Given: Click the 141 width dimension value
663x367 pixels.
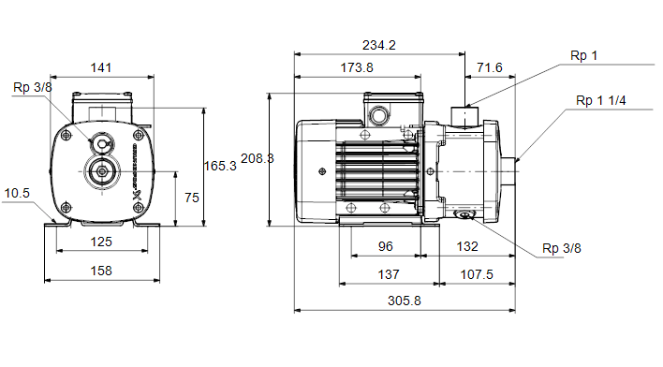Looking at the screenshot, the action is [x=101, y=67].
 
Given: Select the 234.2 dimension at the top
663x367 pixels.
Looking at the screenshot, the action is [x=379, y=45].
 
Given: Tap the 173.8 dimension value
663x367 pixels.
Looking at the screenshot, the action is [x=357, y=67].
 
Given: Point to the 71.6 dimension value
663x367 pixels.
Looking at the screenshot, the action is [x=490, y=67].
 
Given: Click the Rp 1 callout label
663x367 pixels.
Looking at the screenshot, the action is [x=583, y=55].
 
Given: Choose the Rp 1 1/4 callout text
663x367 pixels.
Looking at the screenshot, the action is [x=601, y=100].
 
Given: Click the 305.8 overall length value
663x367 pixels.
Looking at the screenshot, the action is [x=405, y=301].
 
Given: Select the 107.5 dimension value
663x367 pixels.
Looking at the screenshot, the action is [x=477, y=275].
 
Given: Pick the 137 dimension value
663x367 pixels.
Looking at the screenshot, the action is [x=389, y=275].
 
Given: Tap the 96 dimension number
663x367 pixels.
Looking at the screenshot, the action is [x=385, y=246].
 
